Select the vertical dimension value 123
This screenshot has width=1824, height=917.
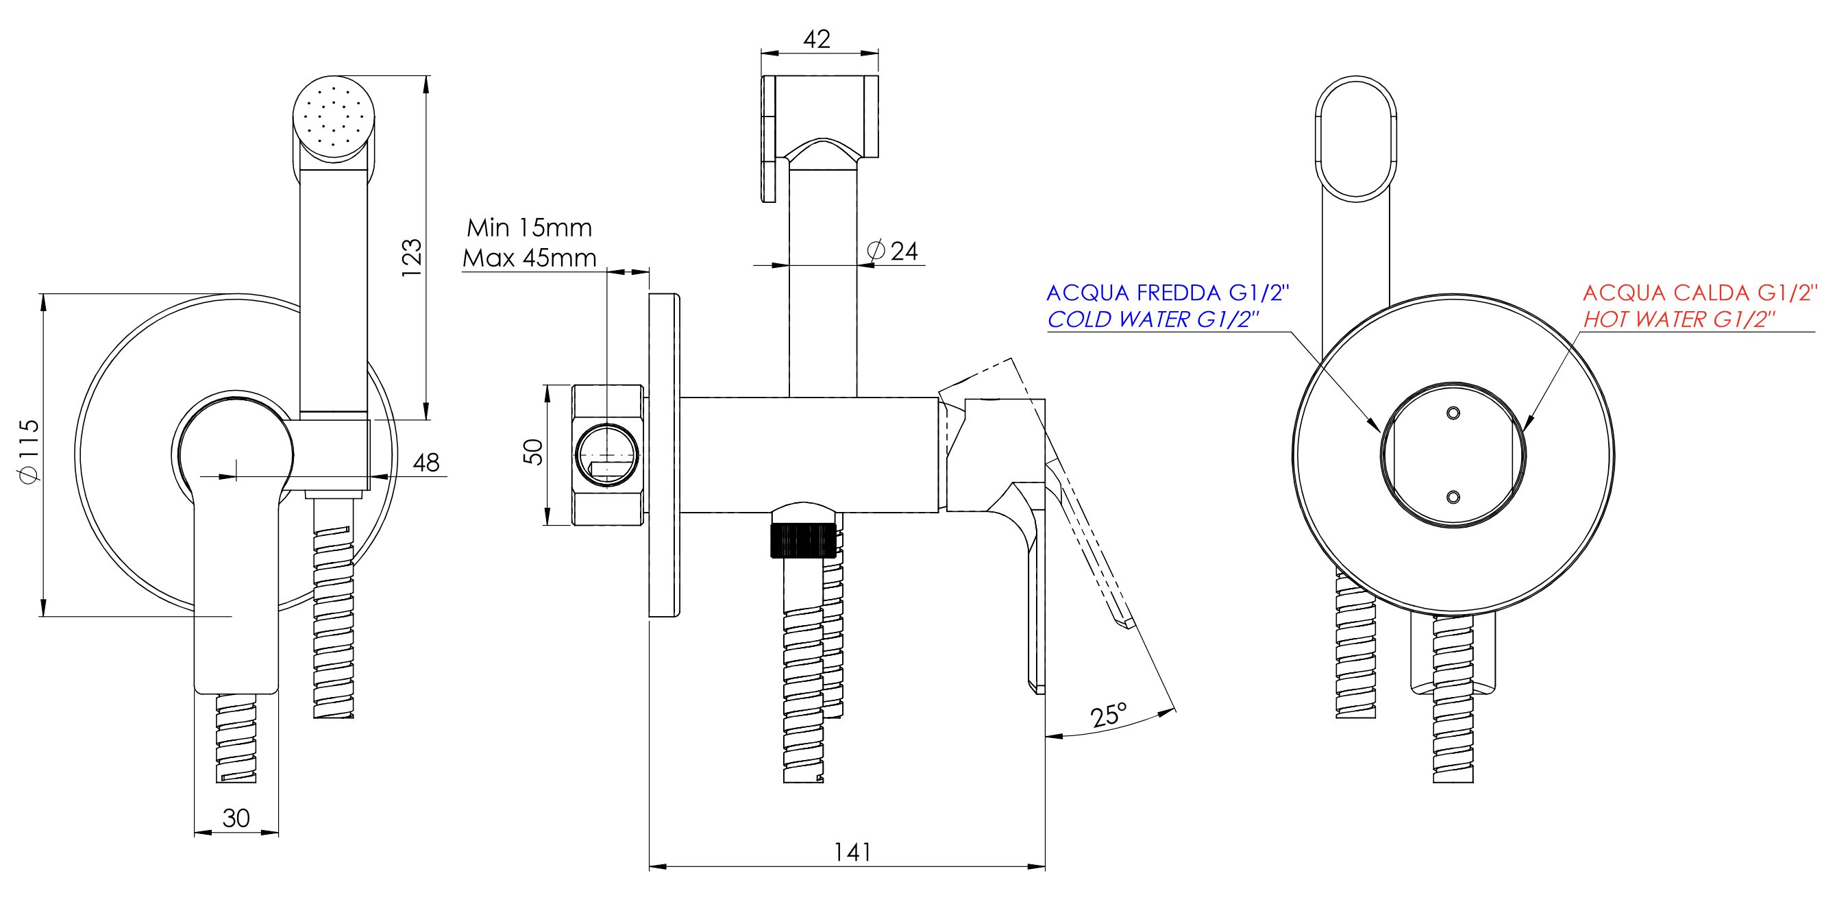[411, 258]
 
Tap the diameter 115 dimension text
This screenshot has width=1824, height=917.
[29, 451]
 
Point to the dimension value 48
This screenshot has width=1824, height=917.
[426, 463]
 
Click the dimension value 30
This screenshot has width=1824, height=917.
[236, 818]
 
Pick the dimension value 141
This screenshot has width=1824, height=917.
[852, 852]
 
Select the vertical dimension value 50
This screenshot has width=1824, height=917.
[533, 452]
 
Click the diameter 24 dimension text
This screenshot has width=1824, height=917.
[892, 251]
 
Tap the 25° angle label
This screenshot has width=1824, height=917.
[1109, 716]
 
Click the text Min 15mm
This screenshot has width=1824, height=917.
[529, 228]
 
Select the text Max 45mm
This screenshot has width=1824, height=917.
[530, 258]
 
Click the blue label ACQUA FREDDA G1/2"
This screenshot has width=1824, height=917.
[1168, 293]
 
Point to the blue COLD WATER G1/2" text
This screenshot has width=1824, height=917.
[1153, 319]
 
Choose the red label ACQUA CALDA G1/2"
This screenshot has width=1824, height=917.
[1700, 293]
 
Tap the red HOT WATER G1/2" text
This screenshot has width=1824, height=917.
[1679, 319]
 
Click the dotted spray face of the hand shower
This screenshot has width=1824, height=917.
[334, 119]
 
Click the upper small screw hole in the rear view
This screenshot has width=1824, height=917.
[1453, 413]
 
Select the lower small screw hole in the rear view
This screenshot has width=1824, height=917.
[1453, 497]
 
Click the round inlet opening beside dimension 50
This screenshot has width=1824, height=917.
[607, 455]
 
